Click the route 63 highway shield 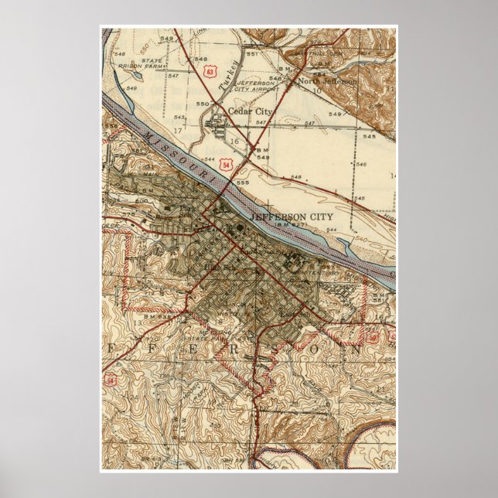tap(210, 70)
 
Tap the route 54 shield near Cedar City tap(225, 165)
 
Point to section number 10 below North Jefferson tap(317, 91)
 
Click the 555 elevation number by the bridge tap(243, 182)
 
